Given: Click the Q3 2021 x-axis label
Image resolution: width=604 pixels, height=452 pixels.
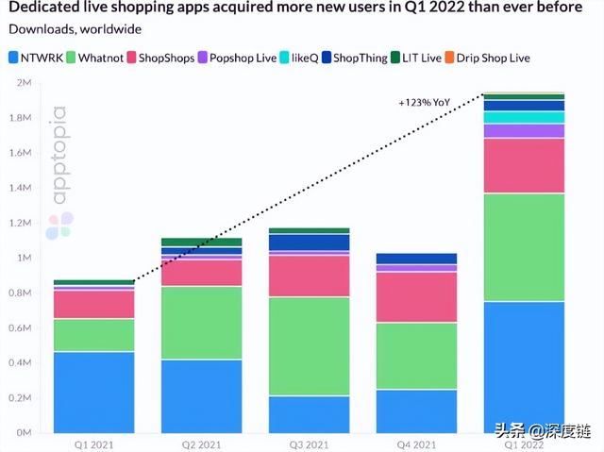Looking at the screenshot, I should pyautogui.click(x=309, y=443).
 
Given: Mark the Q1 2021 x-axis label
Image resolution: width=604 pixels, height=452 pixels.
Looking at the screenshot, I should pyautogui.click(x=93, y=443).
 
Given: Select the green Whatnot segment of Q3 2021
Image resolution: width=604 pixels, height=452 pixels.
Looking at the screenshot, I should pyautogui.click(x=309, y=345).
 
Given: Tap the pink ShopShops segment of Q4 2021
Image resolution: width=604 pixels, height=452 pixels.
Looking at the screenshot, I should pyautogui.click(x=416, y=297).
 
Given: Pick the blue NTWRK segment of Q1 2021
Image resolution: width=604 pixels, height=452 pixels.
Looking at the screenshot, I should pyautogui.click(x=93, y=392).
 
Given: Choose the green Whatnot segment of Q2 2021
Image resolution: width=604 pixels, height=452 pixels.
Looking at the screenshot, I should pyautogui.click(x=201, y=323).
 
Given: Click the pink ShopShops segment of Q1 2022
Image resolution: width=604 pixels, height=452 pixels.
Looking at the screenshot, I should pyautogui.click(x=524, y=165).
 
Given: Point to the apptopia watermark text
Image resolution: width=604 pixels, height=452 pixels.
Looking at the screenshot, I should pyautogui.click(x=59, y=156).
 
